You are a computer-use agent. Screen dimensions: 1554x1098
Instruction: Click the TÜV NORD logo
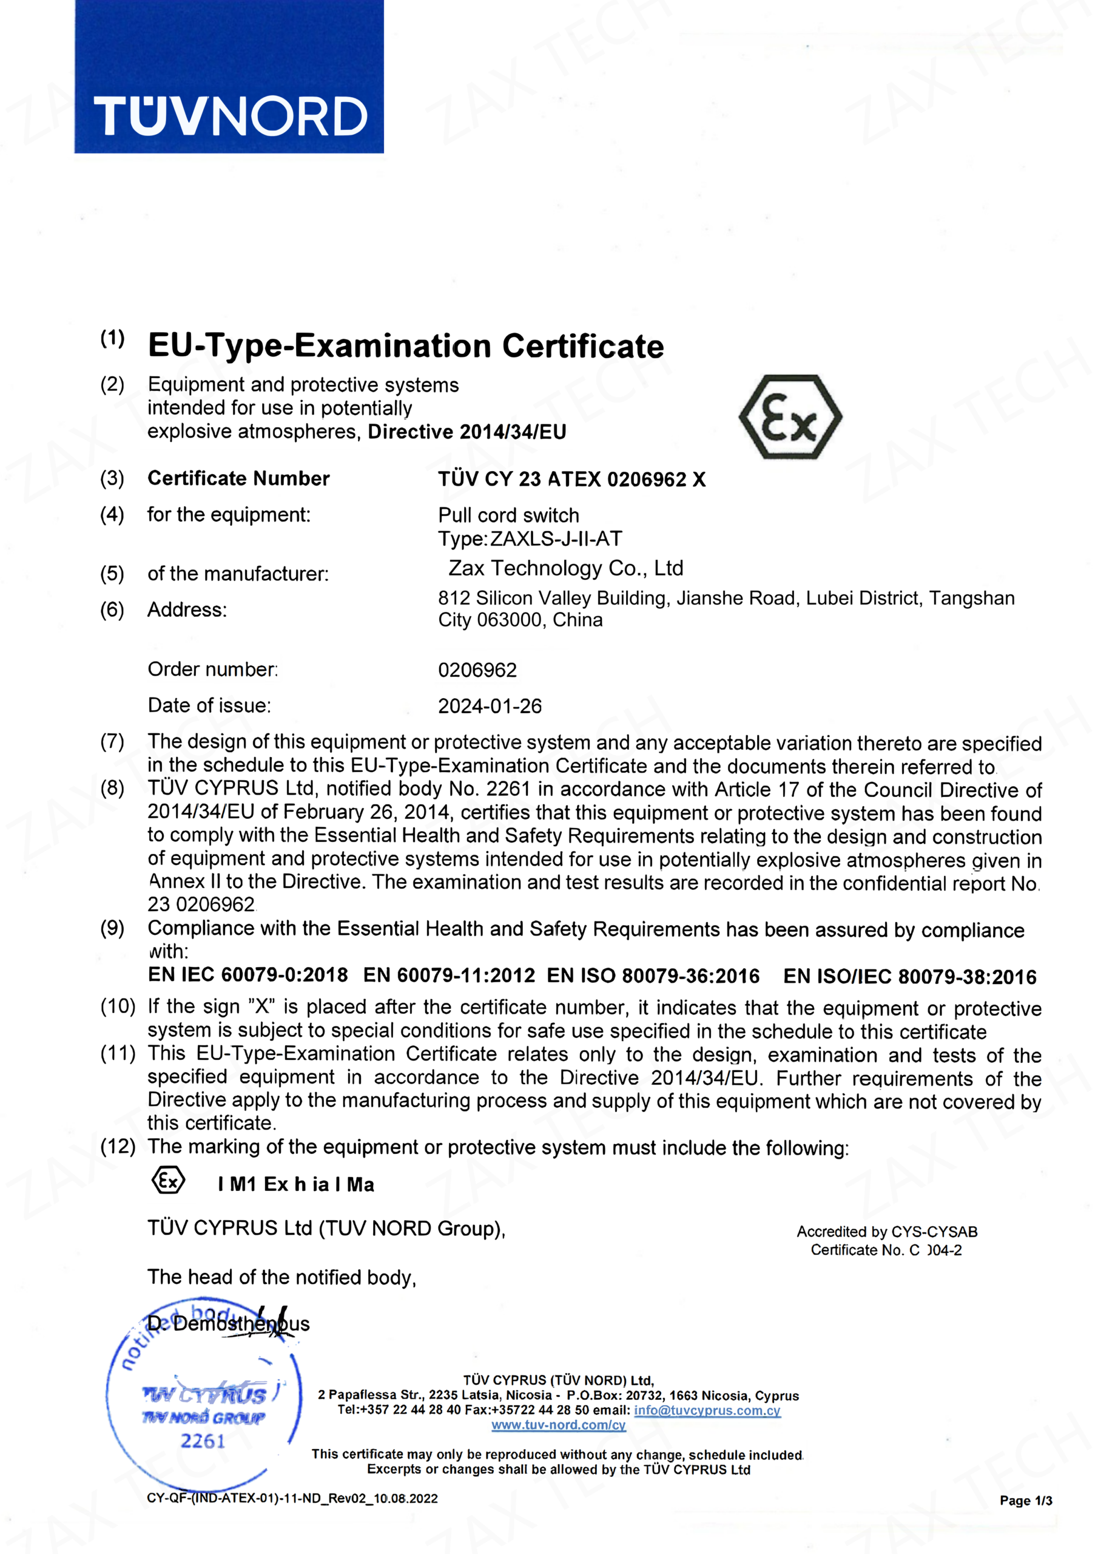(229, 117)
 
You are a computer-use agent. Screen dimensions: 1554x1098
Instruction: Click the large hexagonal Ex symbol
(790, 418)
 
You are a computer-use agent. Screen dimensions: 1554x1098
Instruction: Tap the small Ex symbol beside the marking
(168, 1181)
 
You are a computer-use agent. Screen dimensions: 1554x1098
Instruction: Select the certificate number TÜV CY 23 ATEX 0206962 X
(571, 479)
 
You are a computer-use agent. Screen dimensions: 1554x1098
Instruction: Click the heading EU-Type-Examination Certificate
(406, 346)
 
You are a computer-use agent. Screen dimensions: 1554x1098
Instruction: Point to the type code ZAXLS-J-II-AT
(556, 539)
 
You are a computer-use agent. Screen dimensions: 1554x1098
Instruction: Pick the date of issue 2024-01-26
(490, 706)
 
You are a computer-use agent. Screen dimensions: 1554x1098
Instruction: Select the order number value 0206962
(477, 670)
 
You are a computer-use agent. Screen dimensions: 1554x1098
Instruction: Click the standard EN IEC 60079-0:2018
(248, 975)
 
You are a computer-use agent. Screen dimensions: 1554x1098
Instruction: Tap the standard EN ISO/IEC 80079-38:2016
(909, 976)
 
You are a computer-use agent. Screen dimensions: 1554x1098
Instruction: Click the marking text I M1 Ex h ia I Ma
(295, 1184)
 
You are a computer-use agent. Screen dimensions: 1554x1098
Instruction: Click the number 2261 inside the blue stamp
(202, 1441)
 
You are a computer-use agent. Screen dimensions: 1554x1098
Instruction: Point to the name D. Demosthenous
(229, 1324)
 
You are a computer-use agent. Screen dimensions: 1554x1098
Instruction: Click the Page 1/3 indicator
(1026, 1501)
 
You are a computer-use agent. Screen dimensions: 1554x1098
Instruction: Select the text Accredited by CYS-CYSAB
(886, 1232)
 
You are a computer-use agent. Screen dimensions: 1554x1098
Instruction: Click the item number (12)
(118, 1147)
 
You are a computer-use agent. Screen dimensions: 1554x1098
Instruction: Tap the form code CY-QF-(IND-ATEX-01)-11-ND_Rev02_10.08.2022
(292, 1499)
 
